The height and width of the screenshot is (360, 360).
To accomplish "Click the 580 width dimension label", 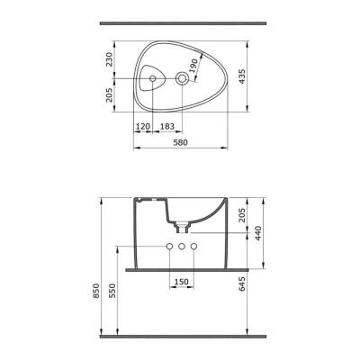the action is point(181,142).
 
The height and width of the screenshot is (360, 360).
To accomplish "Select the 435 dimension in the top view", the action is point(242,76).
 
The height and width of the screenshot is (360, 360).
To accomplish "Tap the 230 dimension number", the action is point(110,59).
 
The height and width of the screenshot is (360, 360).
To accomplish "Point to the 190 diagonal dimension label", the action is point(193,66).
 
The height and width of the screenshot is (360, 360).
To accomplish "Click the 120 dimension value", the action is point(143,126).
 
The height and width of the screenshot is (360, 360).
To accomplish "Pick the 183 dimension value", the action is point(167,126).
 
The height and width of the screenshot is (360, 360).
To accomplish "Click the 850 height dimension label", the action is point(96,291).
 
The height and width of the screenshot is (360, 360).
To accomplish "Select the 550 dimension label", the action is point(112,291).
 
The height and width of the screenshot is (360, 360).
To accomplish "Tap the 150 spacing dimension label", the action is point(182,282).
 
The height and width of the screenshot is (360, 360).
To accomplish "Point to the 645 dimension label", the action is point(242,284).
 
